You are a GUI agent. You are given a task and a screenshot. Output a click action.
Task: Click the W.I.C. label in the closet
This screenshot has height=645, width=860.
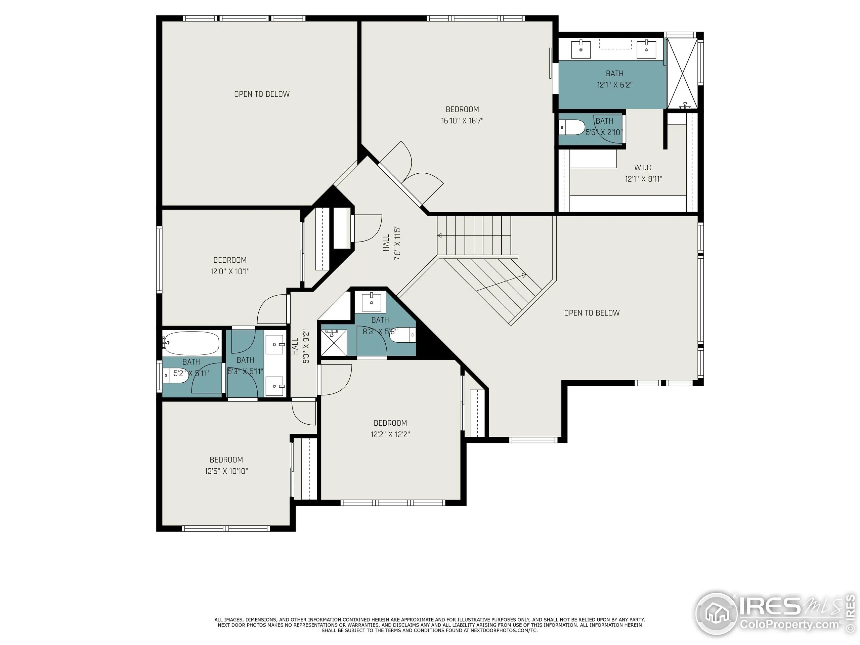(x=643, y=168)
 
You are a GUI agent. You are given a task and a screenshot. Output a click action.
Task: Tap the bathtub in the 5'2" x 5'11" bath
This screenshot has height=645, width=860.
(x=191, y=343)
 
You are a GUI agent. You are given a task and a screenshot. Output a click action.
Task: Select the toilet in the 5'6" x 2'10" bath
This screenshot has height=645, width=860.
(x=572, y=127)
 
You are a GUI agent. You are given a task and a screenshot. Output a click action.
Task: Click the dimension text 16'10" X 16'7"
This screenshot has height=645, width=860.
(x=462, y=121)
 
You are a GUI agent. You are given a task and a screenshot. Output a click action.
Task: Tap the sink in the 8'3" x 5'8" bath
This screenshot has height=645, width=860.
(x=371, y=302)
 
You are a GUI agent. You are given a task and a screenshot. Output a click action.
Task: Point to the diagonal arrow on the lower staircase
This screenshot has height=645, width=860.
(x=501, y=282)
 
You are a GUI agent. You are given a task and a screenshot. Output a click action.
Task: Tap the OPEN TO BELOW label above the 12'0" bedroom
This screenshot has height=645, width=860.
(x=262, y=94)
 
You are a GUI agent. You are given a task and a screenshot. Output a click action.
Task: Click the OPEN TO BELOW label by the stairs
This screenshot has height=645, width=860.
(x=592, y=313)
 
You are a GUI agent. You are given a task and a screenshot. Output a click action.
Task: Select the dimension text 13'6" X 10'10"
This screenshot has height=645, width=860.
(x=226, y=471)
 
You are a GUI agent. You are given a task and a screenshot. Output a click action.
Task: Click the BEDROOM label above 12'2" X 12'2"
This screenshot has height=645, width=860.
(x=390, y=423)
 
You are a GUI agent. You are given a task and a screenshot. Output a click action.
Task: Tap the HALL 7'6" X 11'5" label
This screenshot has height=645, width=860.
(x=391, y=243)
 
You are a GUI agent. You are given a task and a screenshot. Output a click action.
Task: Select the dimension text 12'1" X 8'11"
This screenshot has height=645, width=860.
(x=643, y=179)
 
